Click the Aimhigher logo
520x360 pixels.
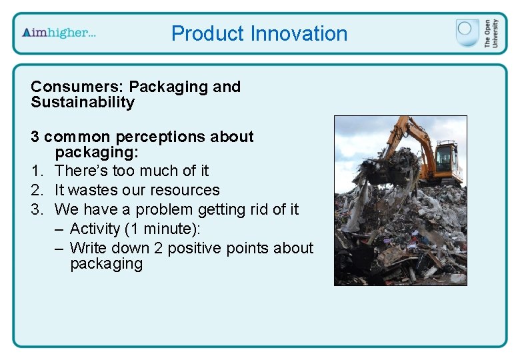click(59, 33)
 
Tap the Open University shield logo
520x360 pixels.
click(467, 33)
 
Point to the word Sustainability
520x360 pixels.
click(83, 103)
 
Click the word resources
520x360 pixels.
click(187, 190)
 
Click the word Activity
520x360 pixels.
click(97, 229)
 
